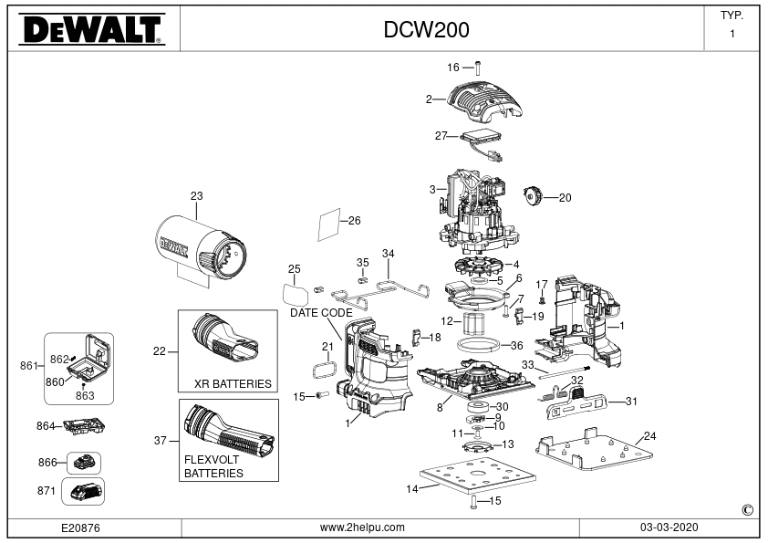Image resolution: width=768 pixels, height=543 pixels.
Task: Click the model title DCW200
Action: [426, 30]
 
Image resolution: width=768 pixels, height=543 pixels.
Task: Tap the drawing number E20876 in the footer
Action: [80, 527]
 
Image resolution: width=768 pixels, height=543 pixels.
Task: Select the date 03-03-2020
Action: [669, 527]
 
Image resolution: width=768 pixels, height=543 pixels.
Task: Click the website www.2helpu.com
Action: [362, 527]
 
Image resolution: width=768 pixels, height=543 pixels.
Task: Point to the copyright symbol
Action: [747, 510]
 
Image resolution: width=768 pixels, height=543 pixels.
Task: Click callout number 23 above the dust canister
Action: [196, 195]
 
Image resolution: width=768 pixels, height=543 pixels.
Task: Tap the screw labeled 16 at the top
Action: [478, 68]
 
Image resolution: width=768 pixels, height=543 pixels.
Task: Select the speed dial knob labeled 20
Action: [532, 196]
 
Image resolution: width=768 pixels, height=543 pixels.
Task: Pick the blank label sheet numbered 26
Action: [329, 224]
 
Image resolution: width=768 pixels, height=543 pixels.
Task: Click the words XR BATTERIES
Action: [233, 383]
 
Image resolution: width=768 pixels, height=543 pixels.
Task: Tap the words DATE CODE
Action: [321, 313]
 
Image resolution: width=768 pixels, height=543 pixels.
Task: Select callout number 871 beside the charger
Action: [47, 491]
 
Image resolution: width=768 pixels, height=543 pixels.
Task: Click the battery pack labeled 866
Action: [84, 462]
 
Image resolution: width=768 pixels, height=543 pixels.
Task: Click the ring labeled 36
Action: [478, 345]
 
